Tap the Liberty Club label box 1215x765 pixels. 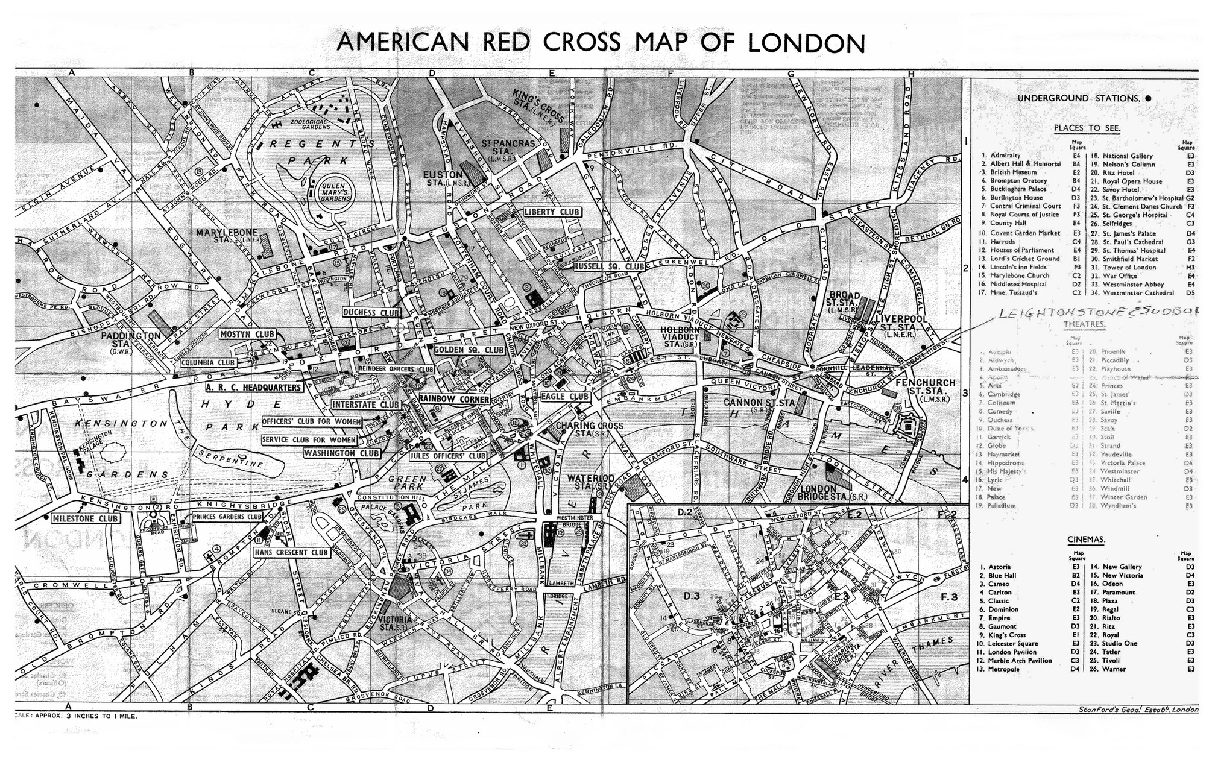pos(552,212)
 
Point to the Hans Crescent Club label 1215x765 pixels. pos(291,552)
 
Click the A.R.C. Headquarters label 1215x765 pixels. pos(253,388)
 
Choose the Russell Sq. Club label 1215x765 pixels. pos(609,266)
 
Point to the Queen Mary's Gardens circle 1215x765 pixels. pos(337,192)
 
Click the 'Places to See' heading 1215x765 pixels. pos(1087,128)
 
